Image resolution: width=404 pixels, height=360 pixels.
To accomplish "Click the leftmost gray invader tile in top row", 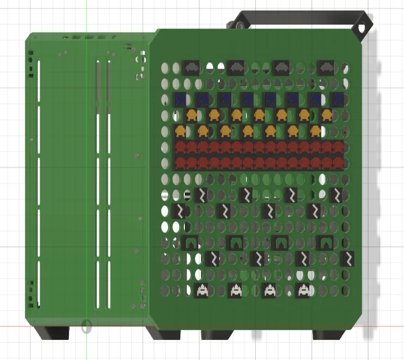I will [x=190, y=67].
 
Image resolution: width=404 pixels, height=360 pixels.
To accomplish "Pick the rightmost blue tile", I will [x=338, y=99].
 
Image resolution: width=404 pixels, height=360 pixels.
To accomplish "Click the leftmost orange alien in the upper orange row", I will [x=191, y=115].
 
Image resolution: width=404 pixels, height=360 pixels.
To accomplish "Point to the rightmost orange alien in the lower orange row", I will [x=316, y=131].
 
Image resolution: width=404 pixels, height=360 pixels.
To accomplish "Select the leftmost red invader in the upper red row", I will [x=180, y=148].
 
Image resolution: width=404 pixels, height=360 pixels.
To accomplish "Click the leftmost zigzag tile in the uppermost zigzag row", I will [x=201, y=195].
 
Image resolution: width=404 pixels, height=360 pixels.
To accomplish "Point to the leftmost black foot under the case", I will [x=52, y=332].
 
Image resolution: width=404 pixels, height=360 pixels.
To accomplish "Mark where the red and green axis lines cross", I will [x=86, y=326].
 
